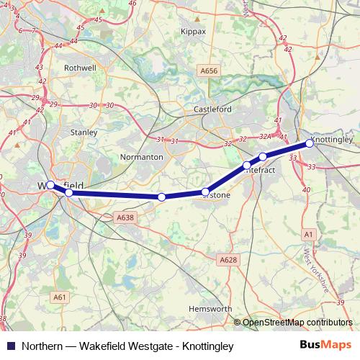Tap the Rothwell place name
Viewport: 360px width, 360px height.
[x=79, y=68]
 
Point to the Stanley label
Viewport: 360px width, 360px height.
[x=84, y=132]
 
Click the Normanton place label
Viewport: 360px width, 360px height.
[x=141, y=156]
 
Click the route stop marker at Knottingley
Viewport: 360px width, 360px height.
[x=310, y=143]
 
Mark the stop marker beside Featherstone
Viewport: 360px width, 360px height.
[x=206, y=192]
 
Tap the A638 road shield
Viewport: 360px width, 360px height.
[x=125, y=217]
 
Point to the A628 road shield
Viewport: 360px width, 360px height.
[x=228, y=259]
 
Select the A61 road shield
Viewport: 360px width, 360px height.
[x=60, y=296]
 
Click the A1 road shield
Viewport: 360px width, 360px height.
[x=308, y=235]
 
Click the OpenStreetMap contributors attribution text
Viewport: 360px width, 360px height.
[x=297, y=323]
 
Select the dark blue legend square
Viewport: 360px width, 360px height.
[x=11, y=346]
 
